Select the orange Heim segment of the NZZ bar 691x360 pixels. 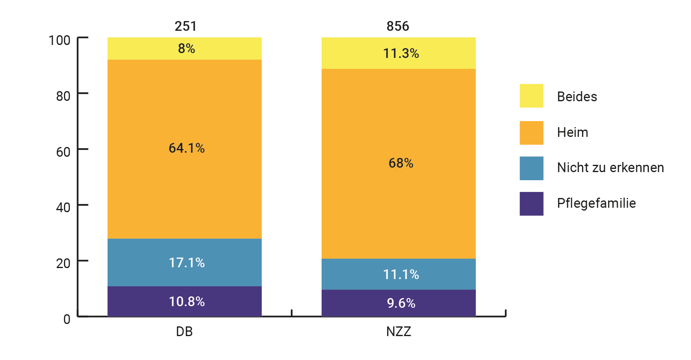click(399, 121)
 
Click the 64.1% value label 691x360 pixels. click(187, 148)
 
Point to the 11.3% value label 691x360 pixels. click(401, 53)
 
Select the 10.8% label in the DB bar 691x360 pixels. click(187, 302)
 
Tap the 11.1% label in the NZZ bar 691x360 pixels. click(401, 275)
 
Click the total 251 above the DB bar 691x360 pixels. click(186, 26)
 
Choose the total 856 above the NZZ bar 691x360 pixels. click(398, 26)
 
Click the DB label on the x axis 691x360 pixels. click(184, 332)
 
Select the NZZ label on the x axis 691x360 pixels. click(399, 332)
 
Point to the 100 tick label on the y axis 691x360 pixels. click(60, 40)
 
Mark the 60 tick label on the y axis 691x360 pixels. click(63, 152)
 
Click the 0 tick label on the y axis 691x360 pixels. click(67, 319)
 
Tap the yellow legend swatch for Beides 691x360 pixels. click(531, 96)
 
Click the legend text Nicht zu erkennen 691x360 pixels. click(610, 168)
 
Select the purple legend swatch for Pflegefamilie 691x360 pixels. click(531, 204)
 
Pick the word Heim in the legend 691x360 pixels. click(572, 132)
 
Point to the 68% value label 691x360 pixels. click(401, 163)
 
